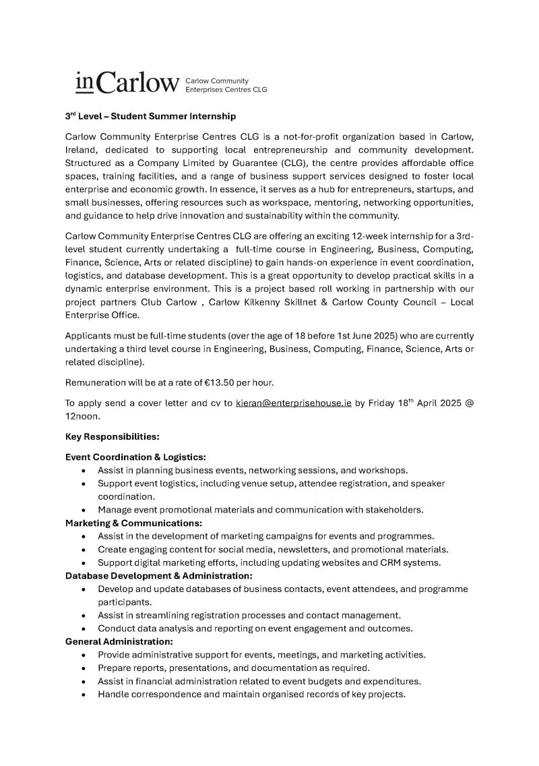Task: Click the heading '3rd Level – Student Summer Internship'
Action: pyautogui.click(x=150, y=116)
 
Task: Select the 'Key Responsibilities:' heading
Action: pyautogui.click(x=112, y=436)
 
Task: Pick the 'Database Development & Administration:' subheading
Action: pyautogui.click(x=159, y=576)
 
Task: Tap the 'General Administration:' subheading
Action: pyautogui.click(x=119, y=641)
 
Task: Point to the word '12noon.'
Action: pyautogui.click(x=84, y=417)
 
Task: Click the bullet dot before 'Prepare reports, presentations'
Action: pyautogui.click(x=83, y=668)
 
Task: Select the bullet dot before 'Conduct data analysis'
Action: pyautogui.click(x=83, y=628)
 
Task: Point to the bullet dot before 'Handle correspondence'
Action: pyautogui.click(x=83, y=695)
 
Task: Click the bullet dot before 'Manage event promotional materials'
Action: pyautogui.click(x=83, y=510)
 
